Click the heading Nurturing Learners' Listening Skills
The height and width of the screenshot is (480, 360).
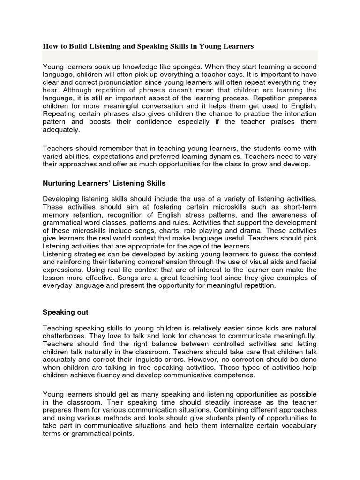104,183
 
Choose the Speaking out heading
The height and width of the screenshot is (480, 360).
66,312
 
